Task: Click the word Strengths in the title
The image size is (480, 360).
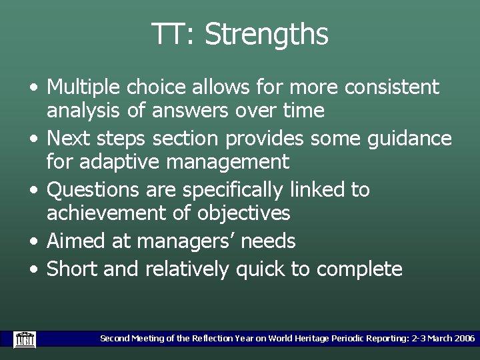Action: [x=266, y=35]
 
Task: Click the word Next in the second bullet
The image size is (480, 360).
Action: [x=70, y=138]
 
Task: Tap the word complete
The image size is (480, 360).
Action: [x=359, y=269]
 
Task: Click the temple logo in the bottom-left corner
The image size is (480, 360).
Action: [x=25, y=339]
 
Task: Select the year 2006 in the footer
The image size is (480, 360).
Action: [x=465, y=339]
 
